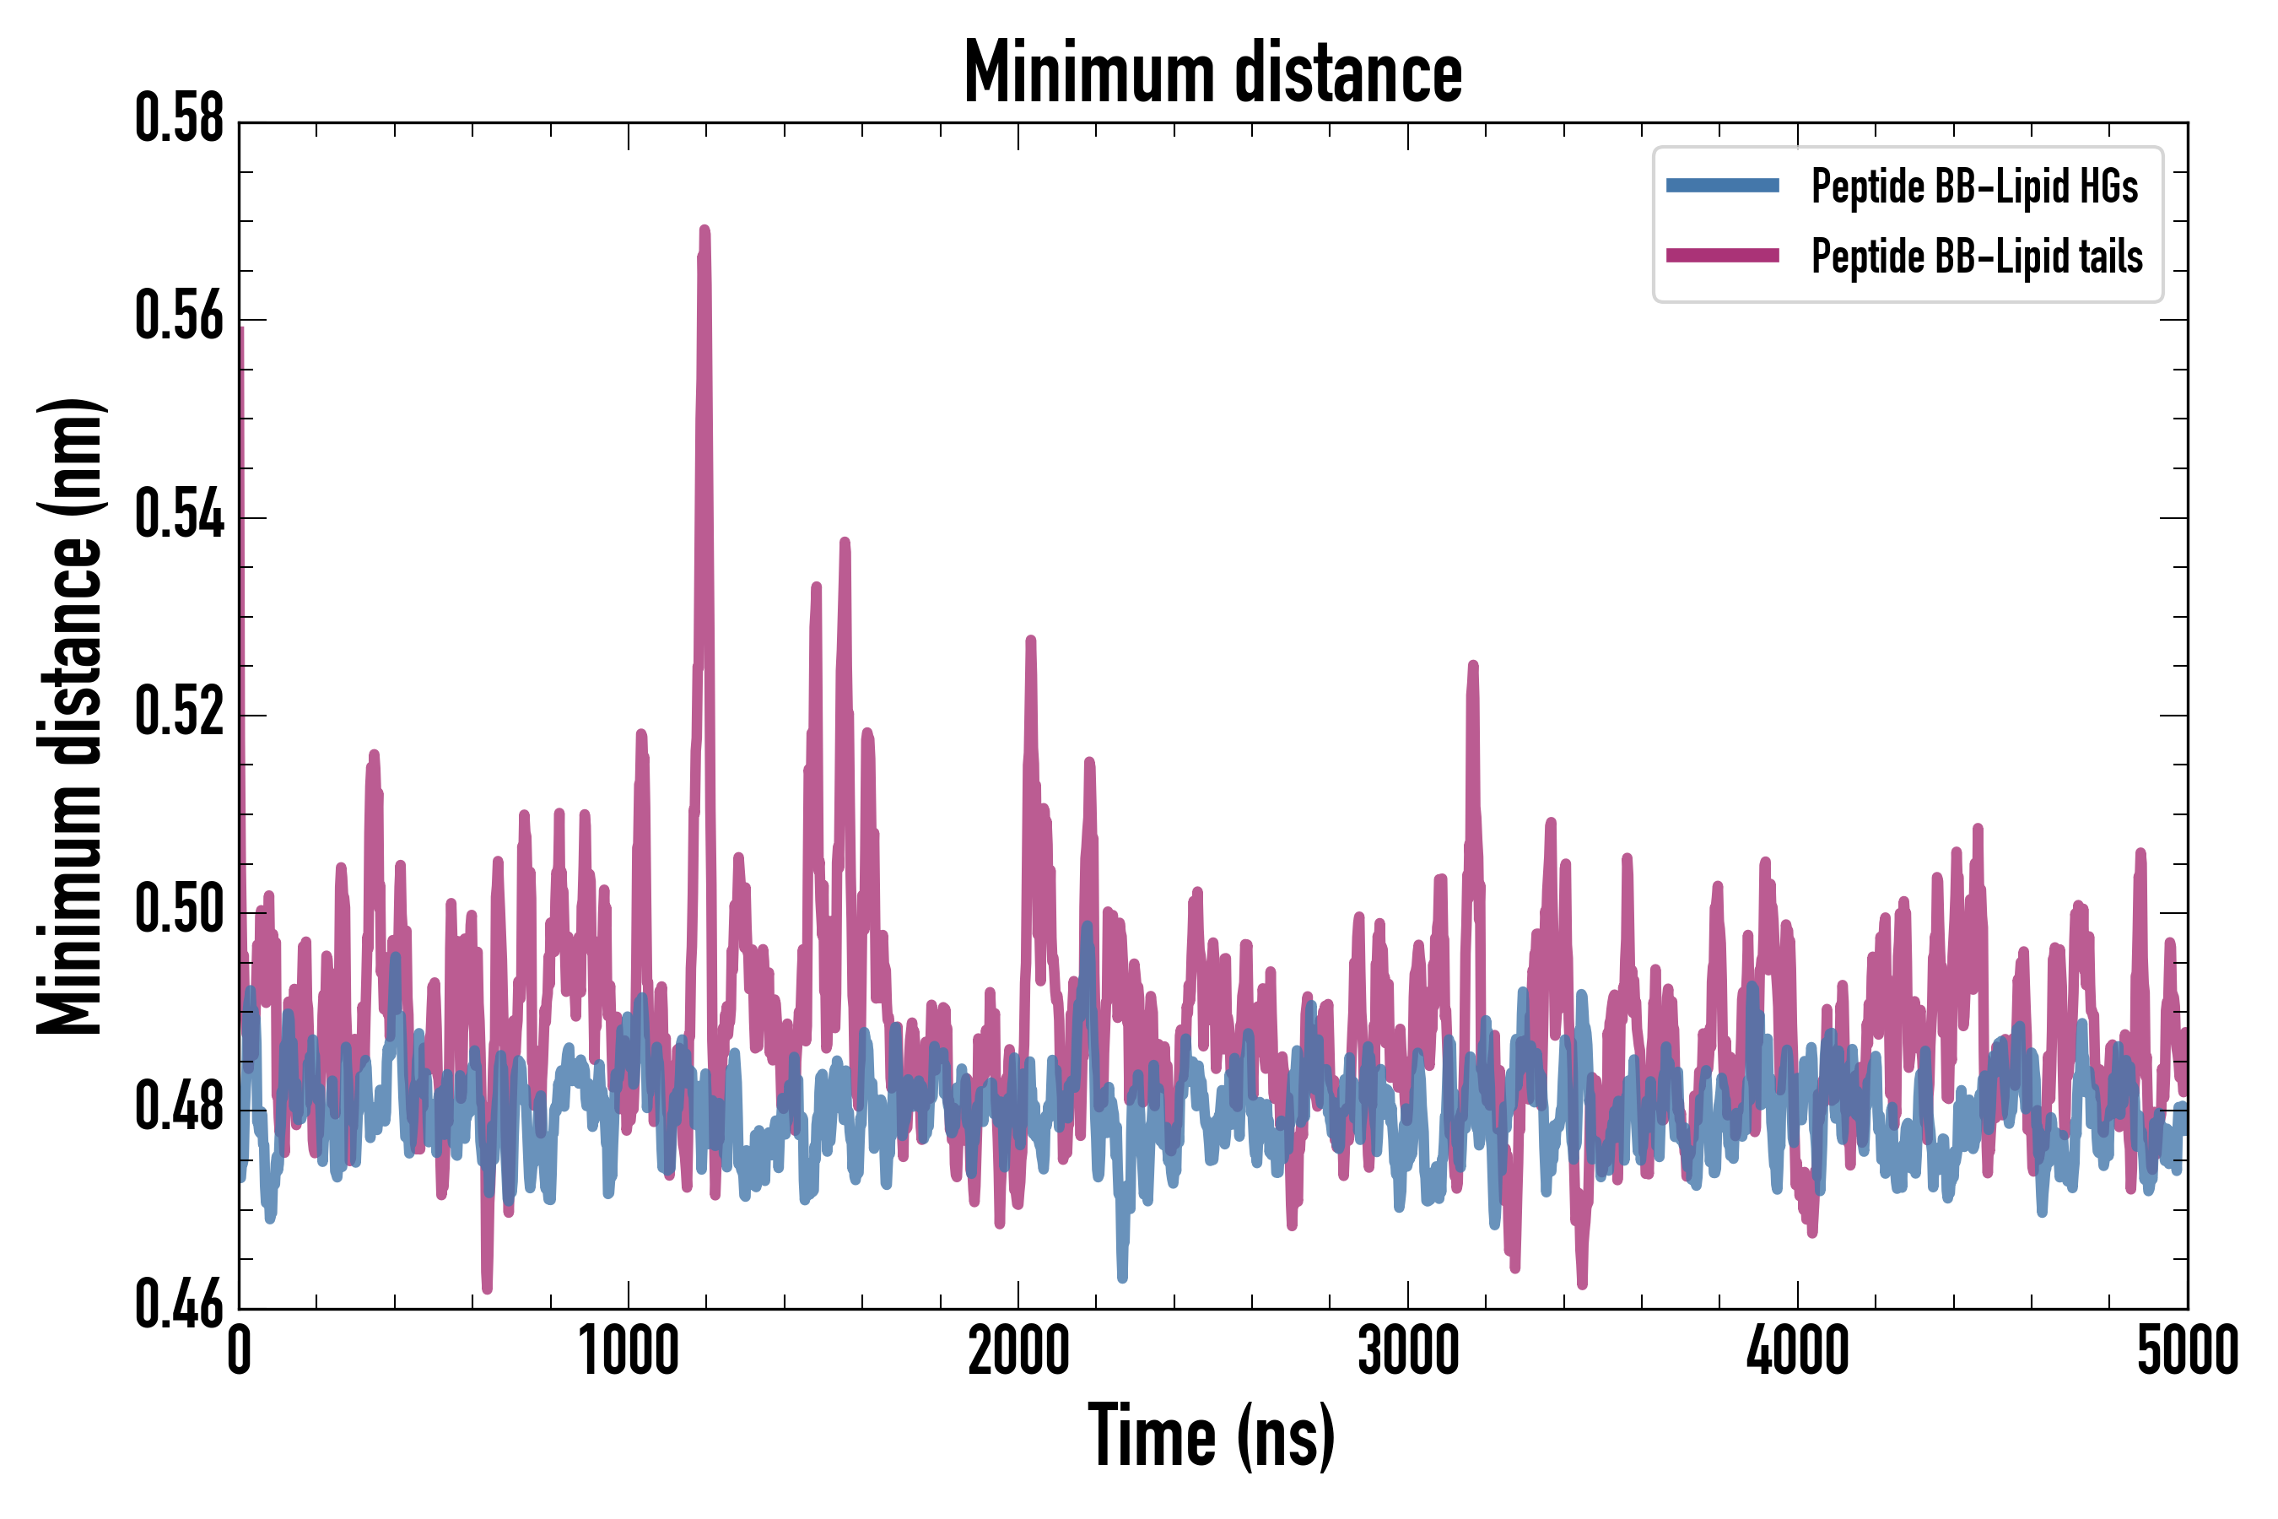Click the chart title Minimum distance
1212,73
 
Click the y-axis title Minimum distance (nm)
70,716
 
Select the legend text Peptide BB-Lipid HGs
1974,186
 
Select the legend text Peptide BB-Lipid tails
1977,257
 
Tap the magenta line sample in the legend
1722,256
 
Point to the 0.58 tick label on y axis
179,119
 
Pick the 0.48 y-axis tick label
179,1107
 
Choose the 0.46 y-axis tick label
179,1304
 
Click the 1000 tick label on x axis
629,1351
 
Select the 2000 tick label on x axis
1018,1351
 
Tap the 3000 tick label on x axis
1408,1351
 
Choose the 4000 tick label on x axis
1798,1351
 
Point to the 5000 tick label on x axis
2187,1351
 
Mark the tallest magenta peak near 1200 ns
704,230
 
